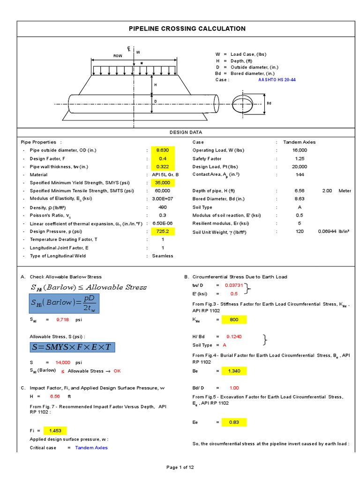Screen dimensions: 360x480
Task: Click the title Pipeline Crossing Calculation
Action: (x=187, y=29)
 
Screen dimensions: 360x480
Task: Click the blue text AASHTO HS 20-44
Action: (x=277, y=80)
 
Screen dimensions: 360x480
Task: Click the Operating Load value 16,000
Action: (x=300, y=150)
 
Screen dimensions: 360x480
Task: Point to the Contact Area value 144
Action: (x=300, y=174)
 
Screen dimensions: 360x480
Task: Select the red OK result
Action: (x=117, y=371)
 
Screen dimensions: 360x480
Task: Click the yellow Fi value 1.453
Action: (x=55, y=430)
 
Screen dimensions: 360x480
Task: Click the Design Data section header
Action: (x=187, y=132)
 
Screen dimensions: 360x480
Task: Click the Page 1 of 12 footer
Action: (x=180, y=467)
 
